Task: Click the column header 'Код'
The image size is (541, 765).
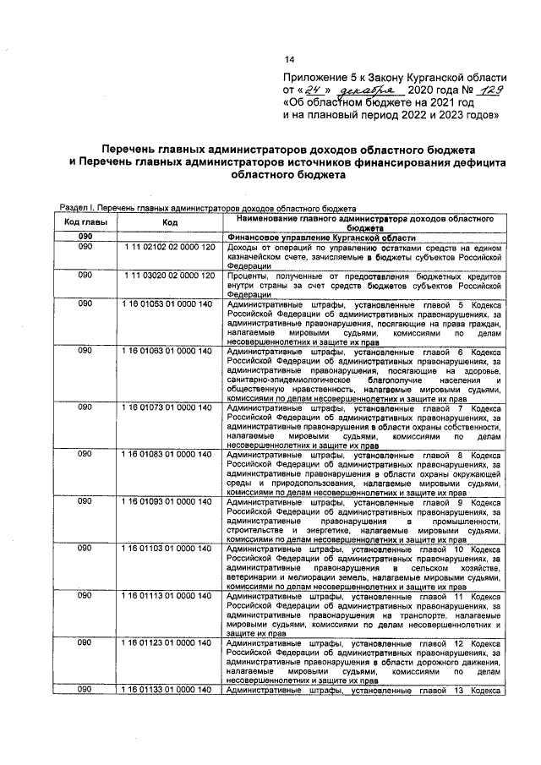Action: coord(170,222)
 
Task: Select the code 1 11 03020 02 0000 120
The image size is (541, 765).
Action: coord(170,276)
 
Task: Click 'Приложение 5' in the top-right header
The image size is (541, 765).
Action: coord(322,75)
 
